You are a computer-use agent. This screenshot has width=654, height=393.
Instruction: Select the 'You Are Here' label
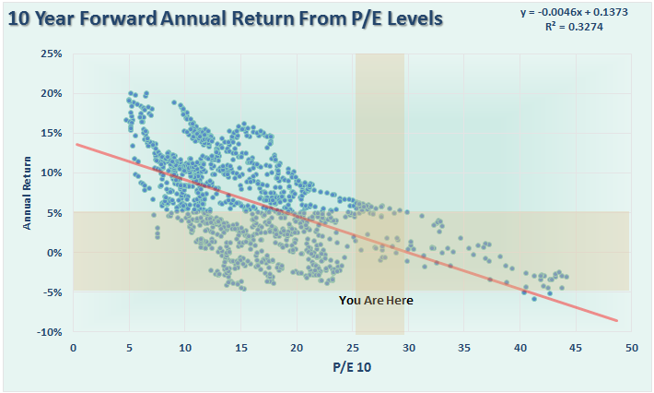tap(376, 300)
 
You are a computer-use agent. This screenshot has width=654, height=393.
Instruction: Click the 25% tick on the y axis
tap(51, 54)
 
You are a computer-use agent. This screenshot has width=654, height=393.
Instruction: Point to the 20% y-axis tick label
tap(51, 94)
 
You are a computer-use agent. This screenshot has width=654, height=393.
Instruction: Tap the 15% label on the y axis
tap(51, 134)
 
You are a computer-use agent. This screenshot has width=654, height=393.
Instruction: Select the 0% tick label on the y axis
tap(53, 253)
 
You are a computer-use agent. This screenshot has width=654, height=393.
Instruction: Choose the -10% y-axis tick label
tap(48, 332)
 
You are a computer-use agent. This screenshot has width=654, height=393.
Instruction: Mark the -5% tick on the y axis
tap(51, 292)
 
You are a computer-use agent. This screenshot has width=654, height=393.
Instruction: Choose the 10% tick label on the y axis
tap(51, 173)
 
